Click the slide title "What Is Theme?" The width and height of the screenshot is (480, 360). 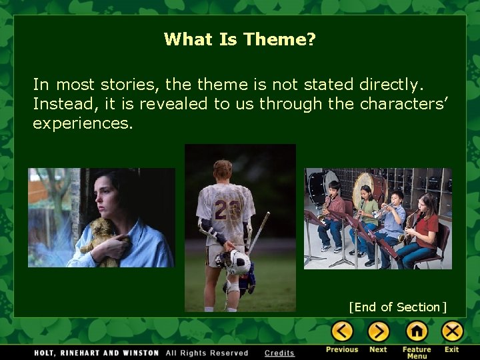point(239,39)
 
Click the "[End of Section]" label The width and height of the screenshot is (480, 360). point(397,307)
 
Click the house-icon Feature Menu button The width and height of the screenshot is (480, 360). point(417,331)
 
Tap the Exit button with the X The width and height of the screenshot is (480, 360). point(452,331)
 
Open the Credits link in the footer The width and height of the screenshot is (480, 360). point(279,353)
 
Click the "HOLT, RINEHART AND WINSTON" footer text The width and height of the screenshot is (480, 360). point(88,353)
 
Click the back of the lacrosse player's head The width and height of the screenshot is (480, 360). point(223,171)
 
